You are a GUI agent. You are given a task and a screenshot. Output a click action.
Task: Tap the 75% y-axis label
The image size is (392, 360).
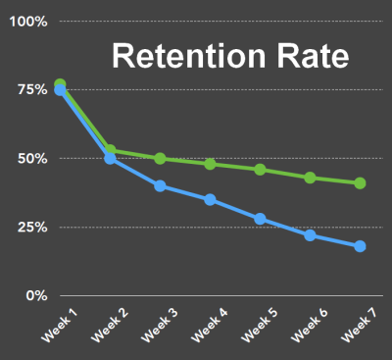[29, 89]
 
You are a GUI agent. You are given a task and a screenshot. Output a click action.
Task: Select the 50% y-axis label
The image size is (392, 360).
[29, 158]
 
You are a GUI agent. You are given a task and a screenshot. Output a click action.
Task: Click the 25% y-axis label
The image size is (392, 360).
[29, 227]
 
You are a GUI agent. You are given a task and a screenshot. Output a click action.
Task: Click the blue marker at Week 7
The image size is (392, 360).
[360, 246]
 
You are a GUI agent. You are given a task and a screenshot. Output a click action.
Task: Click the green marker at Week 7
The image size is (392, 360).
[360, 183]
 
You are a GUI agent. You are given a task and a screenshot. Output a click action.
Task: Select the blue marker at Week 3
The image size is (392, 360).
[160, 186]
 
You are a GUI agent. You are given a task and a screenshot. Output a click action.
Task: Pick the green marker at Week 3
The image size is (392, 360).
[160, 159]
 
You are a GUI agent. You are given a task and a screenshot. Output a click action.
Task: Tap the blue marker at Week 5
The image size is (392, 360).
[260, 219]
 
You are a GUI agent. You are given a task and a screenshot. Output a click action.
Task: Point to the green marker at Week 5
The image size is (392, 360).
[260, 170]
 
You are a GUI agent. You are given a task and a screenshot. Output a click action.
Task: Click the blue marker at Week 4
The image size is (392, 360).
[210, 199]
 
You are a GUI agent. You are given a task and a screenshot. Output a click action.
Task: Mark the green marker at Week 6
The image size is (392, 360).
[310, 178]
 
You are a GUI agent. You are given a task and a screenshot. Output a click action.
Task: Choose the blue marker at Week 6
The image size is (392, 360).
[310, 235]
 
